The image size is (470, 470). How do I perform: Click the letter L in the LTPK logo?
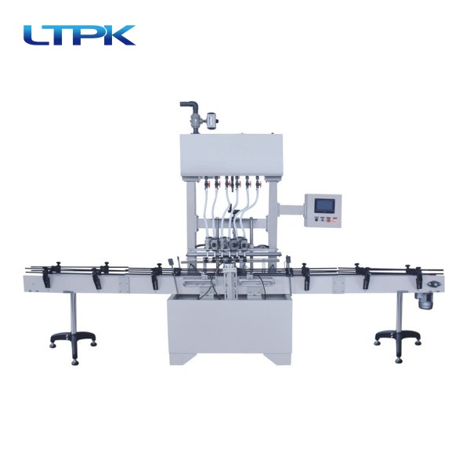(34, 35)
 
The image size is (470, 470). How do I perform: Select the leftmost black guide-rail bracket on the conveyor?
(49, 273)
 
